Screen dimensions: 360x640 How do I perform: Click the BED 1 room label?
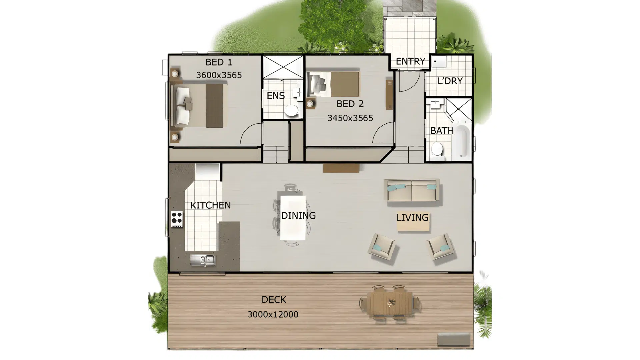219,62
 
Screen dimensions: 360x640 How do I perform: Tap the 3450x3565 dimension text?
350,118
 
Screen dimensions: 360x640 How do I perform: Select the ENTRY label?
410,61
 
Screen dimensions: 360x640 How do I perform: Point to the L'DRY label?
450,81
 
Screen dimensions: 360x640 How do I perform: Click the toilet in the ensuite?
292,111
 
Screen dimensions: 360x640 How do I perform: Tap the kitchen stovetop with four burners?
177,219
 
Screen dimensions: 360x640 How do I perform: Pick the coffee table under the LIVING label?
413,223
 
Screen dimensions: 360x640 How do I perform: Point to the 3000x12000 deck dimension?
273,314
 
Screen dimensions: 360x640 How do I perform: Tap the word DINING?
298,216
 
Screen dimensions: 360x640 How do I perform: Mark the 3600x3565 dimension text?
219,75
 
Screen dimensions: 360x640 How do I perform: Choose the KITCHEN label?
210,205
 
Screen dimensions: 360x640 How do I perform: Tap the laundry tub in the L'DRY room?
439,61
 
